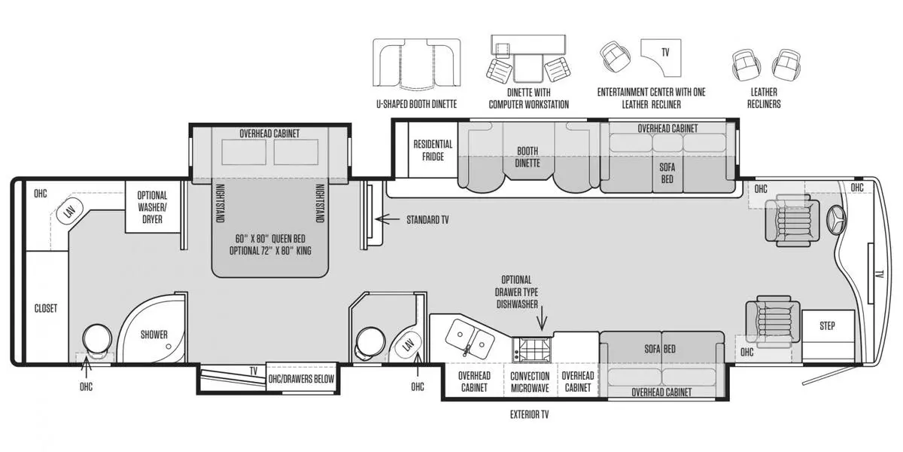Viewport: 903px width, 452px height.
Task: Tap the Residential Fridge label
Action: click(433, 150)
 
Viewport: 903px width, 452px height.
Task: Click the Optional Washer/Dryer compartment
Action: click(152, 207)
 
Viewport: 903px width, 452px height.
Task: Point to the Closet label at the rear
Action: click(46, 308)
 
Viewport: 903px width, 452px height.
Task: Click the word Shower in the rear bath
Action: click(154, 334)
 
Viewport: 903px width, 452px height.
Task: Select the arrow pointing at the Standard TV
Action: click(388, 219)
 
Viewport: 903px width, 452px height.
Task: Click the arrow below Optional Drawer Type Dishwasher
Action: click(542, 319)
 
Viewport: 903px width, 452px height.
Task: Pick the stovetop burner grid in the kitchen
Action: click(532, 350)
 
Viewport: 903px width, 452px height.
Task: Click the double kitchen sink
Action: click(470, 338)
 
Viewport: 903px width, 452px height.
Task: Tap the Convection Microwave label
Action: click(530, 382)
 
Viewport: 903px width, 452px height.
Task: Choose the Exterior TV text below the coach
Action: click(529, 414)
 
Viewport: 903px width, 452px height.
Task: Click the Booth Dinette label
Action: click(528, 157)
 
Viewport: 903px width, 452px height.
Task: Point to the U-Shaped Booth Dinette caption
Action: click(416, 104)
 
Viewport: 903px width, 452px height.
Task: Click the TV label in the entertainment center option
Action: click(665, 53)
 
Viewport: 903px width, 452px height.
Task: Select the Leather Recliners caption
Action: click(764, 98)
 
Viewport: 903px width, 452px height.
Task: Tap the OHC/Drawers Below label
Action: click(301, 379)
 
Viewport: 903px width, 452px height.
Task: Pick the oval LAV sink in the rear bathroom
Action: click(70, 210)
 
